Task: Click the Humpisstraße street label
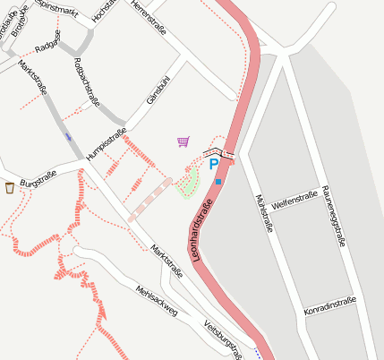pyautogui.click(x=106, y=143)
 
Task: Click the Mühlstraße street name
pyautogui.click(x=264, y=213)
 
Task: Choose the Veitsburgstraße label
pyautogui.click(x=224, y=339)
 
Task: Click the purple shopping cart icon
pyautogui.click(x=183, y=141)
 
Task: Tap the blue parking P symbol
pyautogui.click(x=213, y=165)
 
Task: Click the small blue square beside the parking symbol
pyautogui.click(x=218, y=182)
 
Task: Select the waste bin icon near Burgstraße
pyautogui.click(x=10, y=187)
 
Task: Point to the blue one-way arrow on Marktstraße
pyautogui.click(x=68, y=137)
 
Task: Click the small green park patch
pyautogui.click(x=188, y=184)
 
